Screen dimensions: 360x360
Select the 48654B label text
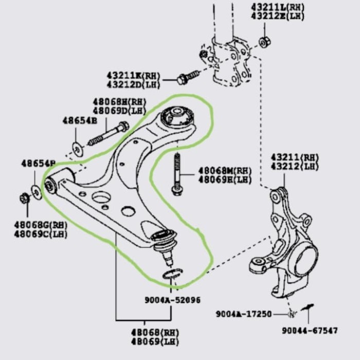[x=80, y=120]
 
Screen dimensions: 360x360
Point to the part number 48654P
[x=38, y=164]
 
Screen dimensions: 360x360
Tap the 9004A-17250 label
[x=243, y=313]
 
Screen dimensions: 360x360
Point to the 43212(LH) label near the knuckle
[x=295, y=166]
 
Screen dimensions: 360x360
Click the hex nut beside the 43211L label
[x=263, y=42]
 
